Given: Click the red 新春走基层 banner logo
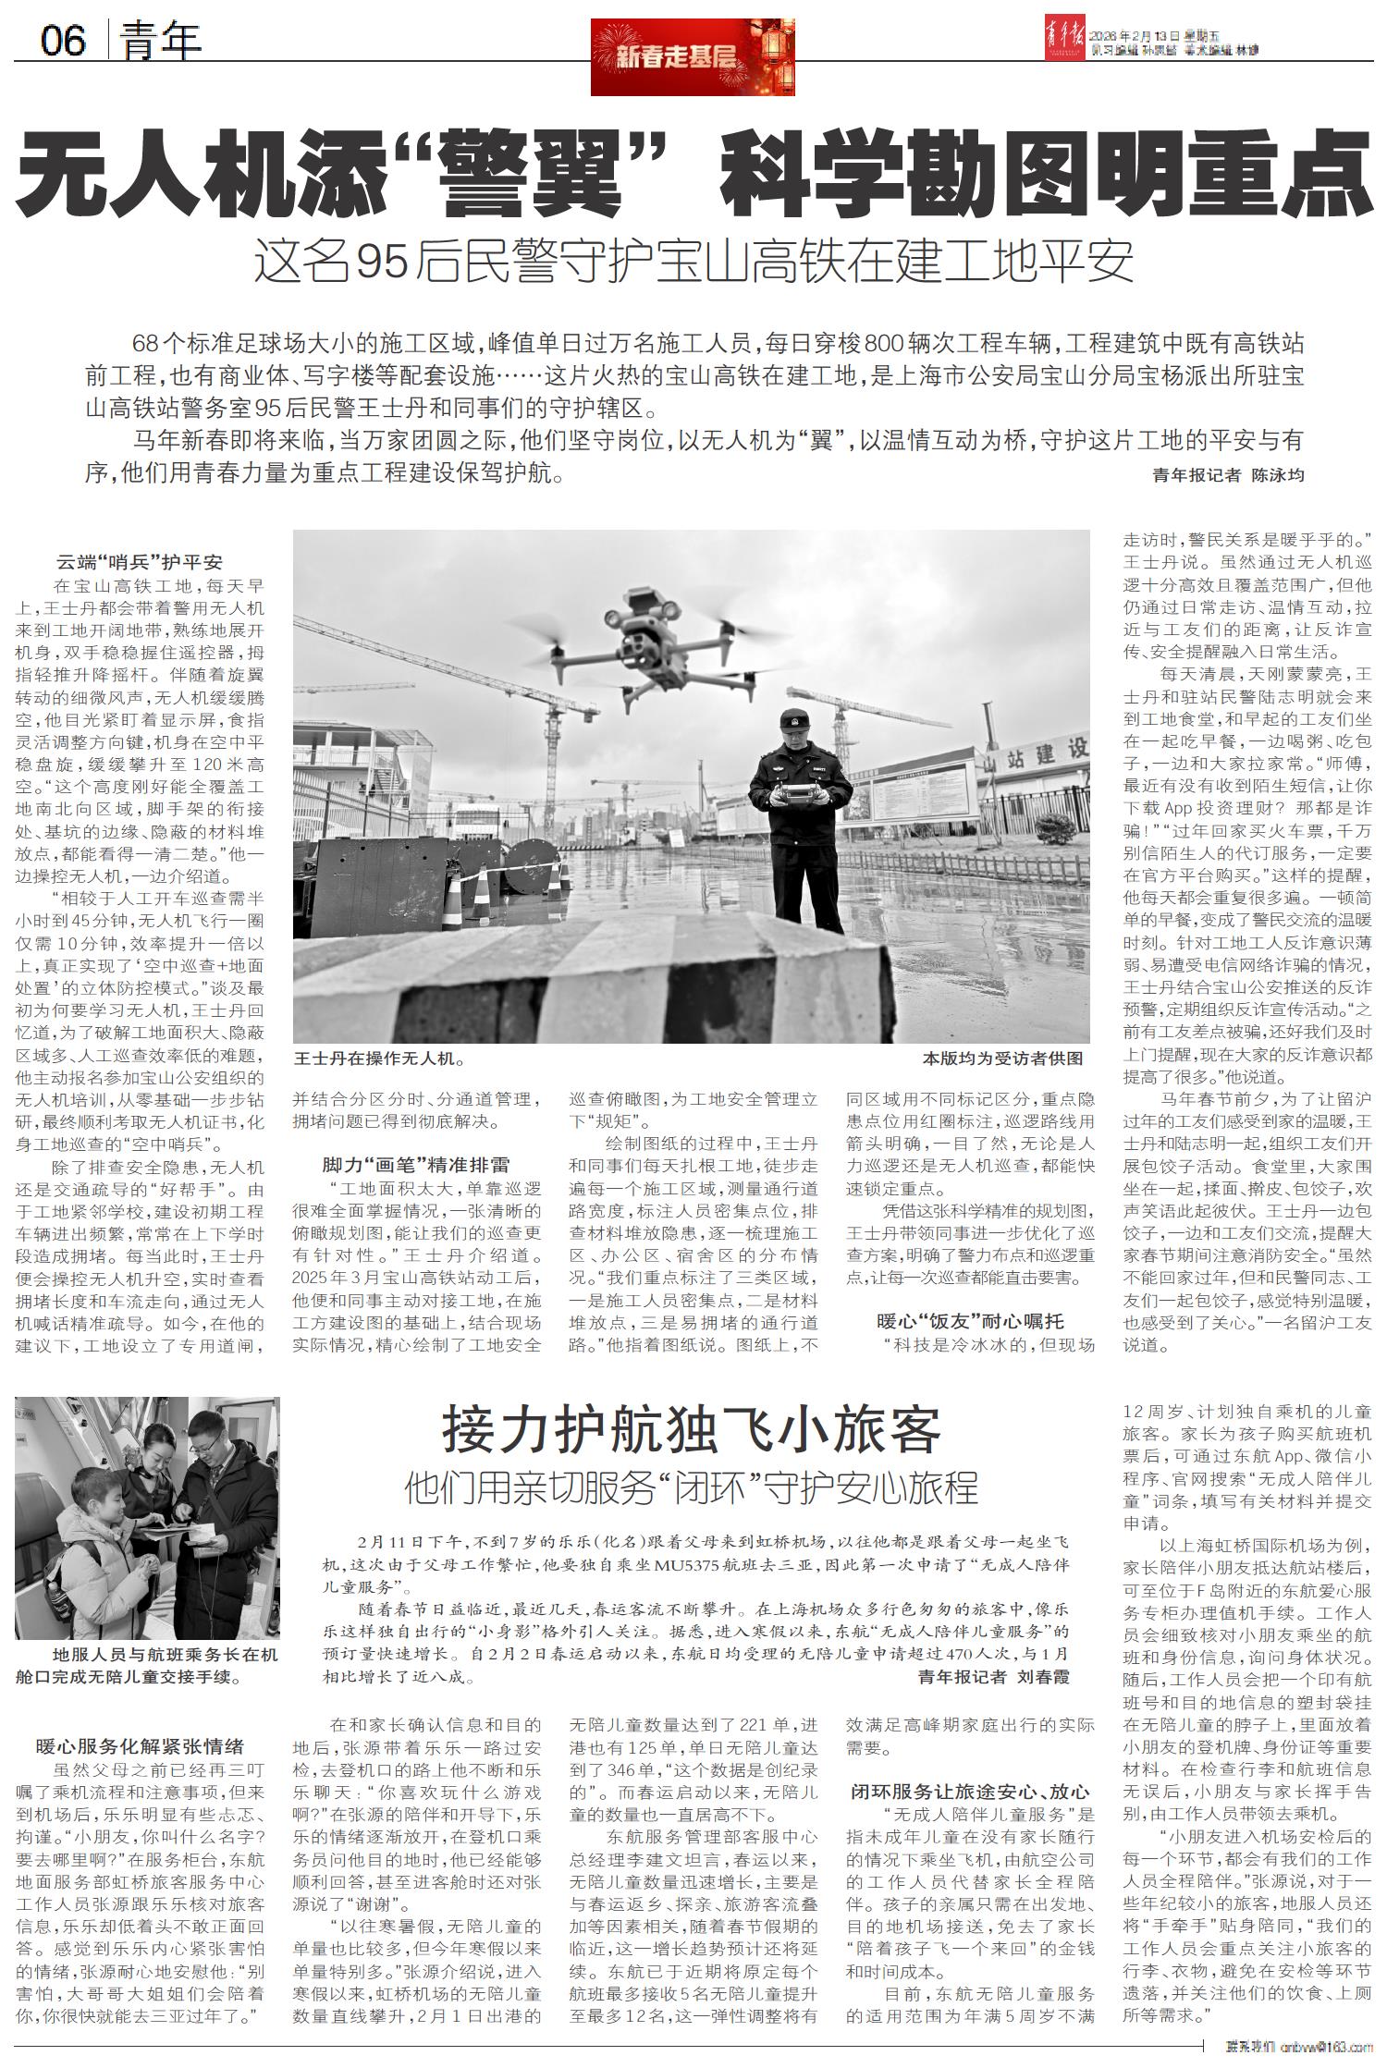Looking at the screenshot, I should pyautogui.click(x=693, y=57).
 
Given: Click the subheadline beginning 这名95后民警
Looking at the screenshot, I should pyautogui.click(x=693, y=262).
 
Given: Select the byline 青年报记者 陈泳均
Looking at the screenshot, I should pyautogui.click(x=1227, y=475).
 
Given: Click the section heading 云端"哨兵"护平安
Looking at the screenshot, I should pyautogui.click(x=140, y=561).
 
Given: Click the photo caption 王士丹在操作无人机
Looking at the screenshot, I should pyautogui.click(x=379, y=1058).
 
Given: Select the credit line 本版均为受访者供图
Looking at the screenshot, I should pyautogui.click(x=1002, y=1058).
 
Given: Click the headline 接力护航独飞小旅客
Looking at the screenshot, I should pyautogui.click(x=692, y=1430).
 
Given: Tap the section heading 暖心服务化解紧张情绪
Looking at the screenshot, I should pyautogui.click(x=140, y=1745).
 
